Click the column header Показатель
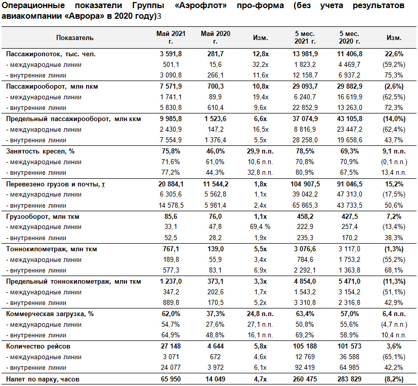pyautogui.click(x=75, y=37)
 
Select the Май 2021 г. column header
pyautogui.click(x=171, y=37)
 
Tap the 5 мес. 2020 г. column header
pyautogui.click(x=350, y=37)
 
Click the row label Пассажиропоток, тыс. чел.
pyautogui.click(x=51, y=54)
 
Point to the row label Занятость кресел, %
pyautogui.click(x=40, y=151)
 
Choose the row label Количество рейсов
pyautogui.click(x=38, y=346)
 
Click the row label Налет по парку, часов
pyautogui.click(x=43, y=379)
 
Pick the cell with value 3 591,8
pyautogui.click(x=171, y=54)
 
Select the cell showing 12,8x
pyautogui.click(x=261, y=54)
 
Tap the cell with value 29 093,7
pyautogui.click(x=305, y=87)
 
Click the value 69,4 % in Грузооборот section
pyautogui.click(x=260, y=227)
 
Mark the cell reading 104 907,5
pyautogui.click(x=305, y=184)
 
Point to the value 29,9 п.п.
pyautogui.click(x=260, y=151)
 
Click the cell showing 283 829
pyautogui.click(x=350, y=379)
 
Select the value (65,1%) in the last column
pyautogui.click(x=394, y=357)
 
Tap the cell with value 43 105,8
pyautogui.click(x=350, y=119)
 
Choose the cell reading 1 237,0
pyautogui.click(x=171, y=282)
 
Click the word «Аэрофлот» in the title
pyautogui.click(x=201, y=6)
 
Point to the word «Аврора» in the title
pyautogui.click(x=84, y=16)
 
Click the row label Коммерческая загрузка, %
pyautogui.click(x=50, y=314)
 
